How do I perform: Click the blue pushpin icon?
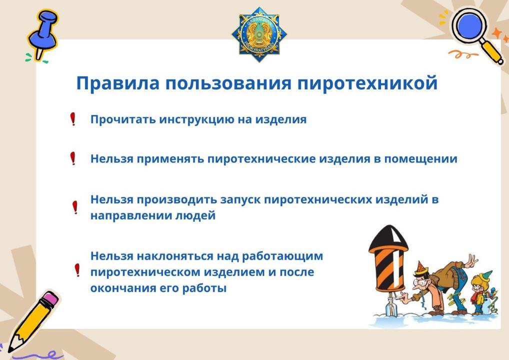click(x=42, y=34)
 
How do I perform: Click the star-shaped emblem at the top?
click(x=259, y=34)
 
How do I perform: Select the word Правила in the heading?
click(x=118, y=83)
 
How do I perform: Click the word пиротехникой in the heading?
click(x=367, y=83)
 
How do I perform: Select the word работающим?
click(x=282, y=256)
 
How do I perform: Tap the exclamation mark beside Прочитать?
click(x=72, y=119)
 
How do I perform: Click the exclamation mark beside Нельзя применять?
click(x=72, y=158)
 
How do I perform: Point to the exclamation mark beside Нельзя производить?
click(x=75, y=207)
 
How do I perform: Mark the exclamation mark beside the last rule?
click(x=77, y=270)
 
